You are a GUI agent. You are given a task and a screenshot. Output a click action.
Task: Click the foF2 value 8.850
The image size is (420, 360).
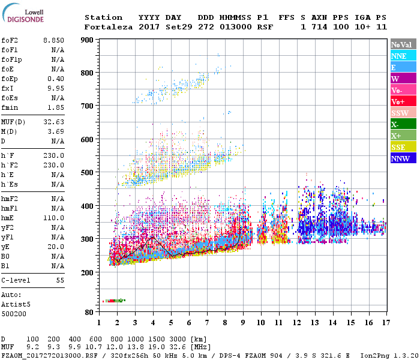[53, 40]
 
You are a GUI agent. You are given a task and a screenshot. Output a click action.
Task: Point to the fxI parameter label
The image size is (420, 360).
[8, 88]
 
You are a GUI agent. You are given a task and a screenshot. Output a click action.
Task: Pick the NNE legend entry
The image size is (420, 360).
[399, 56]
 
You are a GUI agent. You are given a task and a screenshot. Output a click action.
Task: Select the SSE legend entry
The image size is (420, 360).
[399, 148]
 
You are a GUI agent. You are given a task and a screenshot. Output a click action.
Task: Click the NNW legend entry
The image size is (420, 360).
[400, 159]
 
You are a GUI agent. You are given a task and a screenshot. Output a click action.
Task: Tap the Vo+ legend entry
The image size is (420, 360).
[398, 102]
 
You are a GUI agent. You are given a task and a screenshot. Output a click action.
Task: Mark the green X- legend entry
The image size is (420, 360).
[395, 125]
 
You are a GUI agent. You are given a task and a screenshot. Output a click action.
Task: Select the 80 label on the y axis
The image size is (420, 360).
[89, 313]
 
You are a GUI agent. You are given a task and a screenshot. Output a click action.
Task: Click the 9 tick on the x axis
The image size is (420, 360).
[242, 323]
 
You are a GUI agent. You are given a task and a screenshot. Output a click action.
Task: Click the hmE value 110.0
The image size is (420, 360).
[53, 218]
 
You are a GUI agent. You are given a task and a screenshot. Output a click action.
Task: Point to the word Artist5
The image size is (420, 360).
[16, 304]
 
